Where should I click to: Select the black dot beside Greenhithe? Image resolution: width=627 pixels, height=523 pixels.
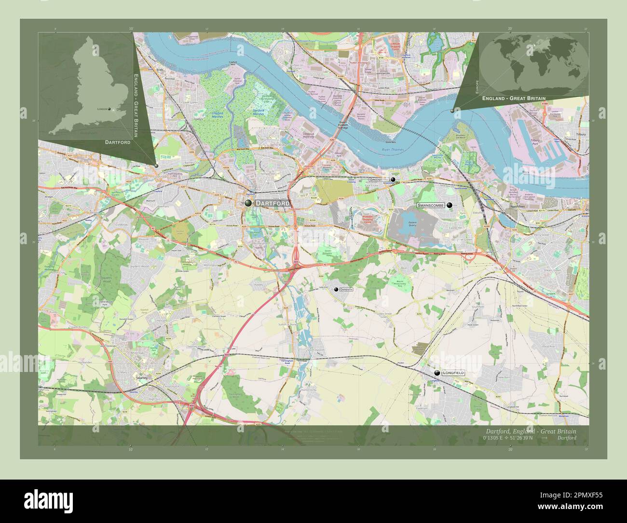(393, 179)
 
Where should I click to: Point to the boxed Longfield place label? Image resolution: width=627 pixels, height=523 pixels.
(453, 373)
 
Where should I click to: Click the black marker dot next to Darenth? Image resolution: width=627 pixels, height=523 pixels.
(336, 289)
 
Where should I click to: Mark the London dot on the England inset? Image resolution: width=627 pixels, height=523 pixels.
(110, 109)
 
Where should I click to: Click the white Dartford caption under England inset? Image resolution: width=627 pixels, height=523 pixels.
(117, 143)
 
